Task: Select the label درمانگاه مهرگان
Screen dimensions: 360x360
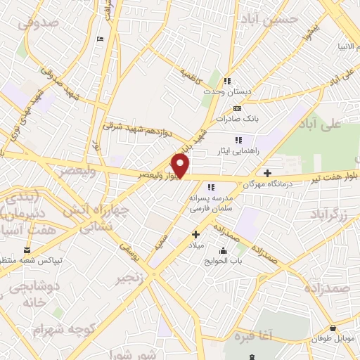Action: click(x=267, y=186)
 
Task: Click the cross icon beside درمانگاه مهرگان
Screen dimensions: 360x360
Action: click(x=267, y=173)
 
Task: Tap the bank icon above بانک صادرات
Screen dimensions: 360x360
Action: click(x=237, y=108)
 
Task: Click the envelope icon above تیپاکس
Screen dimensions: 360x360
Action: click(x=27, y=250)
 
